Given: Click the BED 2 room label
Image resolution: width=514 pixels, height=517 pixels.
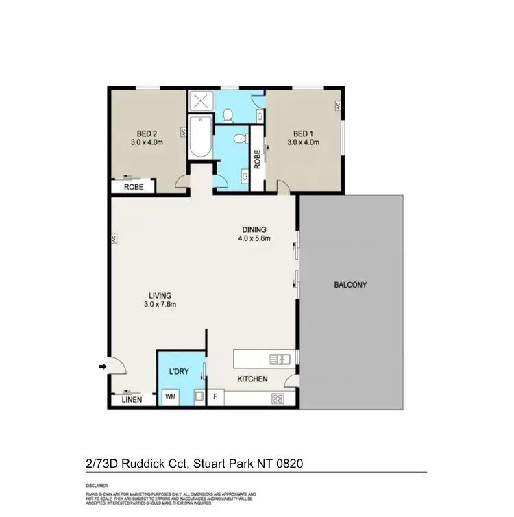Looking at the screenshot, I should tap(147, 134).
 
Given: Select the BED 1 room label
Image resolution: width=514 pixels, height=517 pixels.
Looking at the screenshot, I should tap(304, 134).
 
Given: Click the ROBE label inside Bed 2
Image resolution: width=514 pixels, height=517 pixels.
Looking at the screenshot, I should tap(133, 186).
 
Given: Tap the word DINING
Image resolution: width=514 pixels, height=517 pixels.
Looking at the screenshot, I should tap(254, 229).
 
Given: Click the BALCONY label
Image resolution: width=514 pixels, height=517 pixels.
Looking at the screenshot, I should tap(350, 285).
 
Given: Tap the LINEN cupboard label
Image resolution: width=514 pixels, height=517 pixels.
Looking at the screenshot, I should tap(131, 400).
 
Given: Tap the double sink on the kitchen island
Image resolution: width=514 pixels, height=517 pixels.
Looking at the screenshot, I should tap(280, 358).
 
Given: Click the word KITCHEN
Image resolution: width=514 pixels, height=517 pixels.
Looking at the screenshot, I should tap(252, 379).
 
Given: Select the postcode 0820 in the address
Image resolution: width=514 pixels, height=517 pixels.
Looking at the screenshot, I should tap(287, 464).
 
